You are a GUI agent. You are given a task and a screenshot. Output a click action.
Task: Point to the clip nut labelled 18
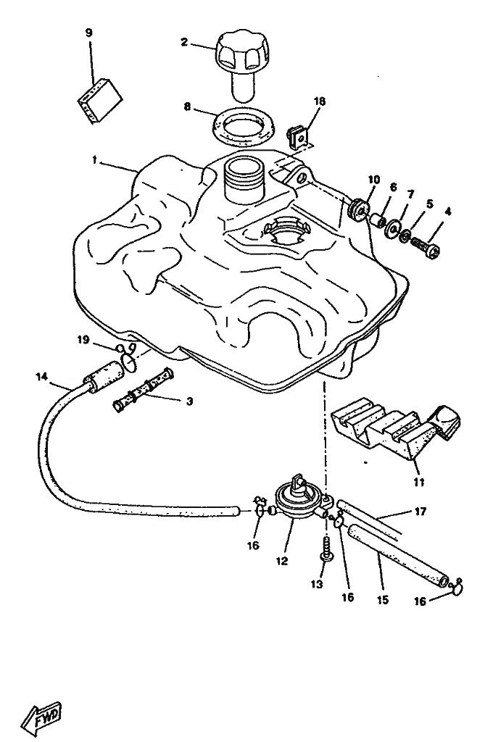(297, 136)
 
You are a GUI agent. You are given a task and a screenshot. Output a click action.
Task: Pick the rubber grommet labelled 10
(358, 210)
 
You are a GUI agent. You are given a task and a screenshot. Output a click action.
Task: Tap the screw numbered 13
(326, 547)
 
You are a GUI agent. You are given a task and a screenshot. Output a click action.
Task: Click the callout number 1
(95, 162)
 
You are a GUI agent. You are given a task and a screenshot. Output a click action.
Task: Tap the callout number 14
(41, 376)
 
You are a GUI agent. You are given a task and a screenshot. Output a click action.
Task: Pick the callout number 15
(383, 600)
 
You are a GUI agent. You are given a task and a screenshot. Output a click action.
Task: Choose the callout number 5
(429, 204)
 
